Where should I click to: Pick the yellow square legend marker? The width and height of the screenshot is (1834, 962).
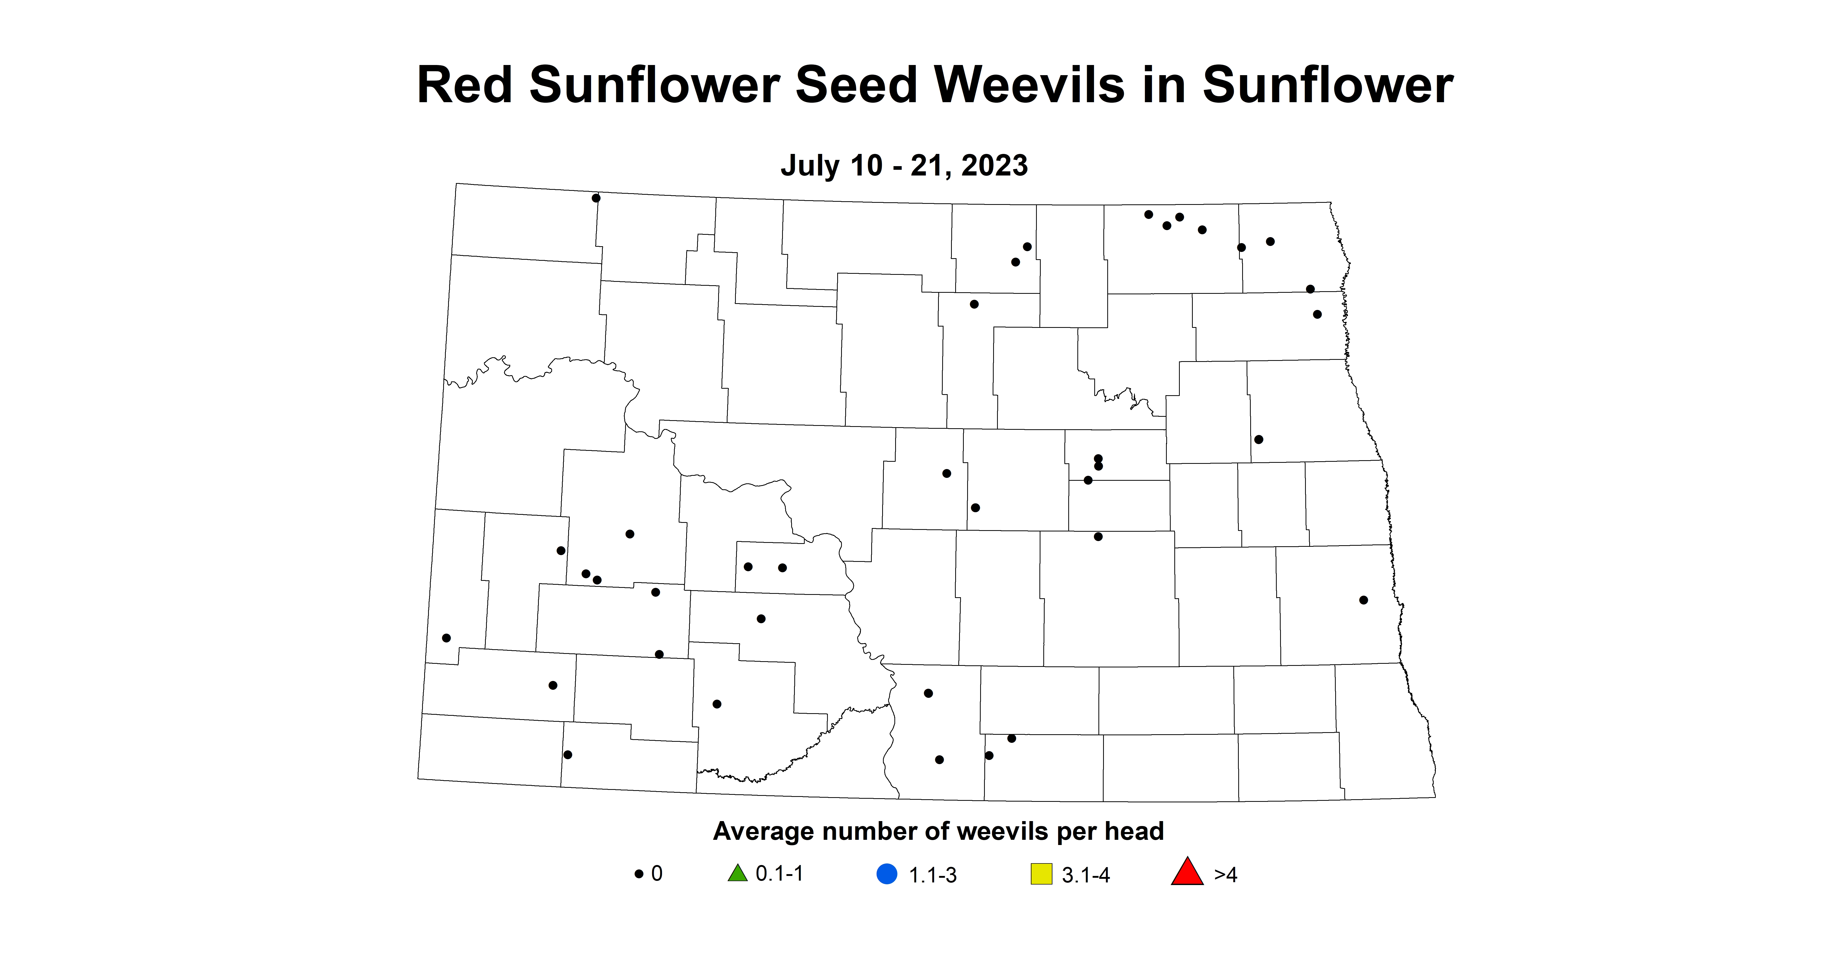click(1041, 874)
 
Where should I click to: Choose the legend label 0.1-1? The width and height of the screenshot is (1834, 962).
click(780, 874)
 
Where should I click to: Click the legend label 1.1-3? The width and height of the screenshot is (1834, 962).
click(933, 875)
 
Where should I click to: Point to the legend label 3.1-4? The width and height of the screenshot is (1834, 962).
click(1086, 875)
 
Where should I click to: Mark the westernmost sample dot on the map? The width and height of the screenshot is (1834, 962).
click(446, 638)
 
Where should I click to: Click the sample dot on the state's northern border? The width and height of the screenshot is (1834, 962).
click(596, 198)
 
